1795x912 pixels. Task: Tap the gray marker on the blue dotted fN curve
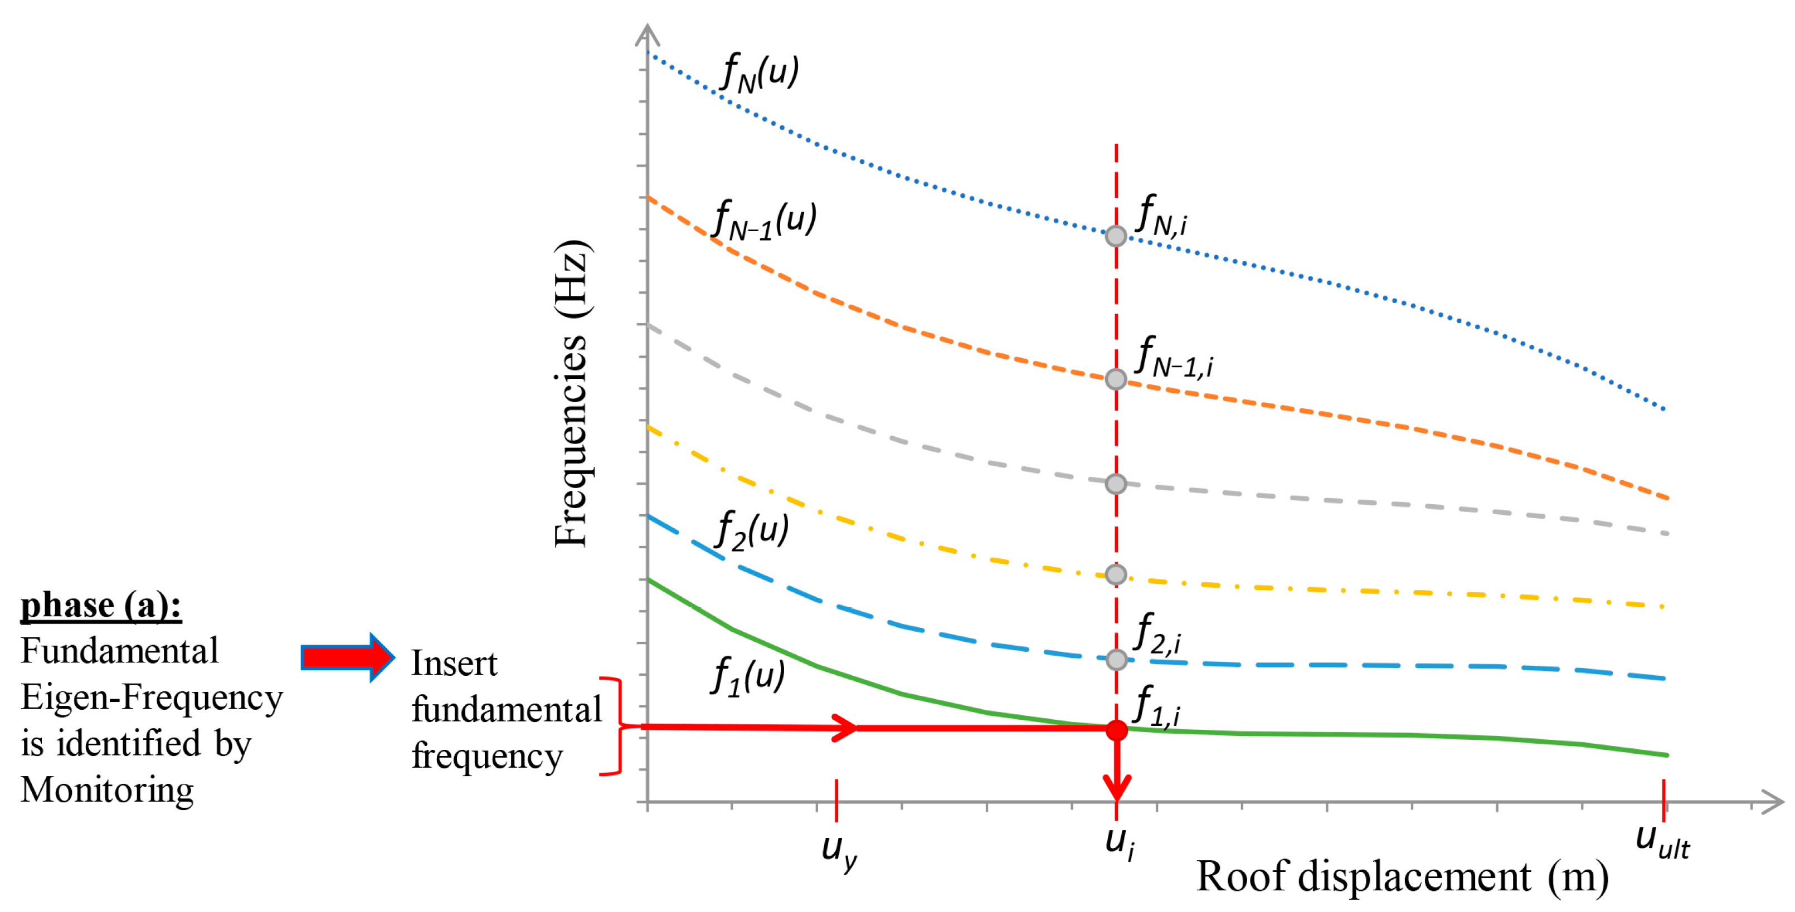coord(1116,236)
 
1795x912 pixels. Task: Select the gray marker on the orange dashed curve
coord(1116,379)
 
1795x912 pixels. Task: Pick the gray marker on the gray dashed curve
coord(1116,484)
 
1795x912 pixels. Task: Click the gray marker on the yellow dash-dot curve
coord(1116,574)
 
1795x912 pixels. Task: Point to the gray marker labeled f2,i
coord(1116,659)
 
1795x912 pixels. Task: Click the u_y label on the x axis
coord(839,852)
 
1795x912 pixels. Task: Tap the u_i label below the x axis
coord(1119,843)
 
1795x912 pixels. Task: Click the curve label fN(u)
coord(760,72)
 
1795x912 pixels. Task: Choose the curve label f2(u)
coord(752,530)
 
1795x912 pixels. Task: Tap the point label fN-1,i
coord(1174,358)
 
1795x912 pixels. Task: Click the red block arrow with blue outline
coord(348,657)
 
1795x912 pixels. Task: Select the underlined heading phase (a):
coord(101,604)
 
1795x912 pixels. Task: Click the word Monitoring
coord(108,790)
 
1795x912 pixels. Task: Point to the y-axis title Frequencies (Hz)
coord(571,394)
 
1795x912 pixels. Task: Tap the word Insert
coord(454,662)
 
